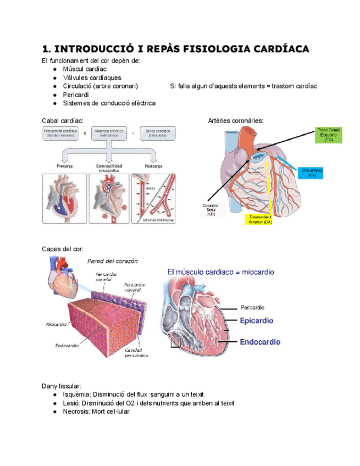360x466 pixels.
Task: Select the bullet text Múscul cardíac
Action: coord(85,69)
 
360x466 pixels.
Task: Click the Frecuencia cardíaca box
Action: coord(60,132)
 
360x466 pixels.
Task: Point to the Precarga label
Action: coord(65,165)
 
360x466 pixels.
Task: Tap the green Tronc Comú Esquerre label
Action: coord(329,135)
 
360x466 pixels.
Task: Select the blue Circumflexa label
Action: coord(312,173)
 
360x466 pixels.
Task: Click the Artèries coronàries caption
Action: coord(236,120)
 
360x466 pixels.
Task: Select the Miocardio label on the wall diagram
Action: coord(56,325)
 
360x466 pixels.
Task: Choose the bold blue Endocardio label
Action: coord(261,341)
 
